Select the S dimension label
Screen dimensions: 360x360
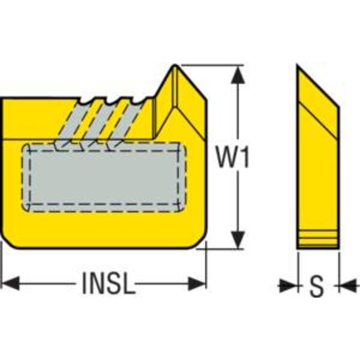pos(316,286)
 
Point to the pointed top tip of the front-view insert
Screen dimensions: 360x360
pos(175,65)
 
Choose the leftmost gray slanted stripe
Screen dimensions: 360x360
pos(71,123)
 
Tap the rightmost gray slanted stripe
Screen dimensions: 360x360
pos(124,123)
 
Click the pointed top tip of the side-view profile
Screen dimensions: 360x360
pos(298,64)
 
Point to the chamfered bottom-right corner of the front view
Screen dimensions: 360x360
pos(200,242)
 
